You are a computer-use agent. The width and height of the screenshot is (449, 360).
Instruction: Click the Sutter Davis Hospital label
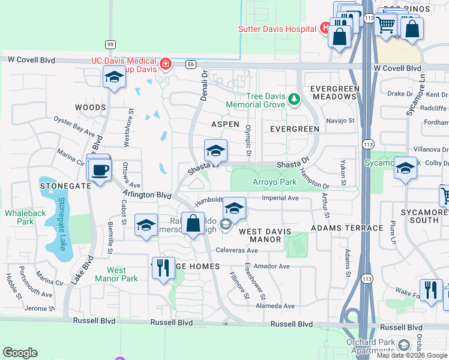(277, 29)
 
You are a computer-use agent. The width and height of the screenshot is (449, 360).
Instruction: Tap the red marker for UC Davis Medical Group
(165, 64)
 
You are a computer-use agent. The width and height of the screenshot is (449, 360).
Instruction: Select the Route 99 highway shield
(110, 44)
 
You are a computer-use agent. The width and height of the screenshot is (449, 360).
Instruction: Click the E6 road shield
(191, 64)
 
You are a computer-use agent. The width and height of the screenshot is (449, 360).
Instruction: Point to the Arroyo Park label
(275, 182)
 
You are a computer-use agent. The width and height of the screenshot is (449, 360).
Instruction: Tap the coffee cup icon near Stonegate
(99, 169)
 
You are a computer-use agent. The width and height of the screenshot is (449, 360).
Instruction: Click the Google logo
(20, 352)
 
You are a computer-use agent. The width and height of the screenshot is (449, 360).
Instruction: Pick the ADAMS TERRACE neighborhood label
(347, 228)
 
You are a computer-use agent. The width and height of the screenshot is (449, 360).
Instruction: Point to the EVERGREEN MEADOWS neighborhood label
(334, 92)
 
